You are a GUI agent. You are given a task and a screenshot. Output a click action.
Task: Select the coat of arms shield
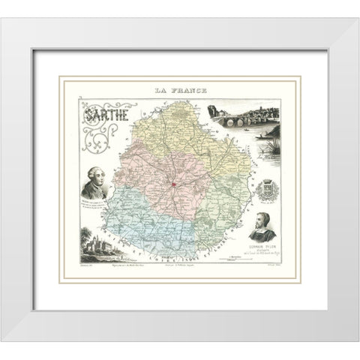[268, 190]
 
